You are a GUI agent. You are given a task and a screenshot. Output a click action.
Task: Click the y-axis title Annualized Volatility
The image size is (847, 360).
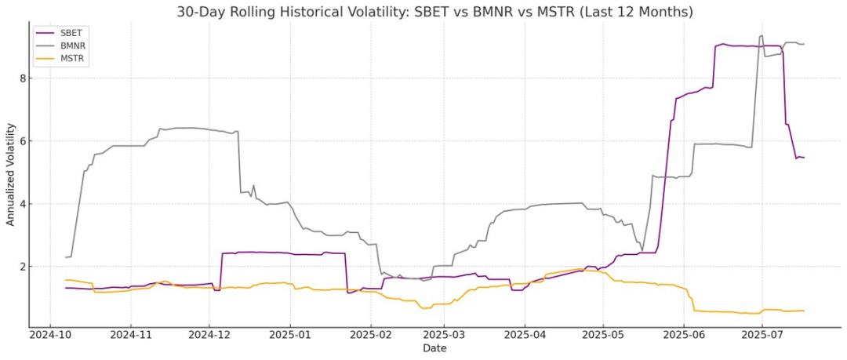click(x=10, y=174)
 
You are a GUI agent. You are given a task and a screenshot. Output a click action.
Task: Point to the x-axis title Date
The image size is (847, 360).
click(x=433, y=347)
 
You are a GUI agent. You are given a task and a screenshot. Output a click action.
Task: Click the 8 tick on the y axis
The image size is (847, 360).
click(x=23, y=78)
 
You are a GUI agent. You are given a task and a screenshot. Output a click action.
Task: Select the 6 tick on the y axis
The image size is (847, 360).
click(x=23, y=141)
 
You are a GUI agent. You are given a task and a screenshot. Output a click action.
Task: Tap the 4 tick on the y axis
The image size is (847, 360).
click(x=23, y=204)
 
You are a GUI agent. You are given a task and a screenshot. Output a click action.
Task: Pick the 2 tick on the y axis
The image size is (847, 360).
click(x=23, y=267)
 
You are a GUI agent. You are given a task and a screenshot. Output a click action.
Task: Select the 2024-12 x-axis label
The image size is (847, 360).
click(x=209, y=335)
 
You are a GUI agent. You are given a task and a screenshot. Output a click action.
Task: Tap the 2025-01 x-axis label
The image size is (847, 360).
click(x=290, y=335)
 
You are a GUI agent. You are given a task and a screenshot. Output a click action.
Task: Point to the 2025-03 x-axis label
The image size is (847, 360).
click(x=444, y=335)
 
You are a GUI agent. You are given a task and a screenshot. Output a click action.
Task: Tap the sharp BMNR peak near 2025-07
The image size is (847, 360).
click(x=761, y=35)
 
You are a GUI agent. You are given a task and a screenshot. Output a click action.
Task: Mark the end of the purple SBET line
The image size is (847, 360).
click(x=804, y=158)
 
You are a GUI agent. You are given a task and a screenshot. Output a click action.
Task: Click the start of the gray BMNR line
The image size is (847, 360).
click(x=66, y=257)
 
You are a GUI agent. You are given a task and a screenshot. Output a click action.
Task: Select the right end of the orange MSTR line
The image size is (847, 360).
click(x=804, y=311)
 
